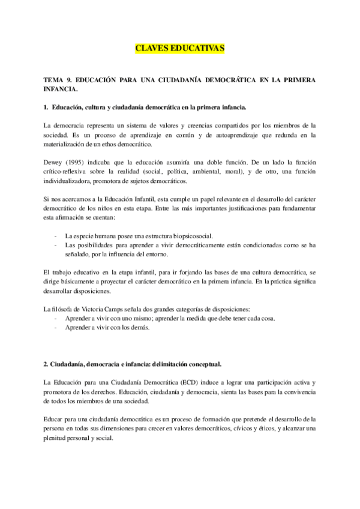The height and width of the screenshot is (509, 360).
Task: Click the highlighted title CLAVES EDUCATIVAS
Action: point(179,49)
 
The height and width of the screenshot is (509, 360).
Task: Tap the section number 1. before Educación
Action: point(46,107)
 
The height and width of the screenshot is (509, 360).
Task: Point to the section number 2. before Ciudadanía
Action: point(46,364)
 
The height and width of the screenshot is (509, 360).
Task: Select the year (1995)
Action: point(80,163)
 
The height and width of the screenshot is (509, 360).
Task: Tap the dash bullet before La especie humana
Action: point(56,236)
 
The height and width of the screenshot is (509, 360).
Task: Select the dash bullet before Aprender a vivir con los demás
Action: point(56,328)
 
